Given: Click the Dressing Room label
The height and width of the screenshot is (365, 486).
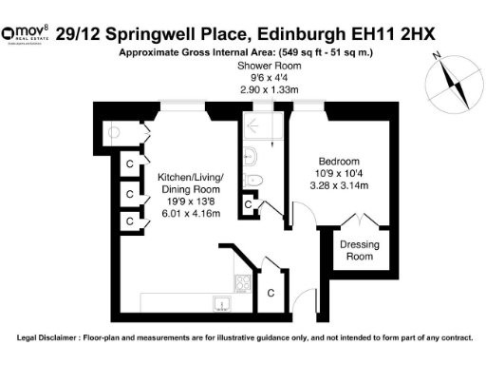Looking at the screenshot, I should click(x=357, y=251).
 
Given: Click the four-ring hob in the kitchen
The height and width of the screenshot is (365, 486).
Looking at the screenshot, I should click(x=242, y=283).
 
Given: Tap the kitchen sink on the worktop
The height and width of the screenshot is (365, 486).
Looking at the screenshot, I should click(x=221, y=304).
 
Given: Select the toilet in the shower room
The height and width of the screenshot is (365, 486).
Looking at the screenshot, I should click(x=253, y=180).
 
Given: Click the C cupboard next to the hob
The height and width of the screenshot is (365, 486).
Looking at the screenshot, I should click(x=270, y=293).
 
